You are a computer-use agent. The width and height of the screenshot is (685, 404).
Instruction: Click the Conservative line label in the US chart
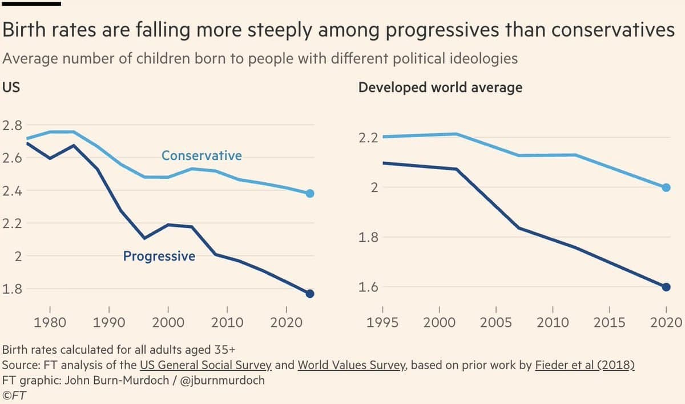click(x=202, y=155)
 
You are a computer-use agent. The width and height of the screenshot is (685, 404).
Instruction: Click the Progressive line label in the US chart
click(x=159, y=257)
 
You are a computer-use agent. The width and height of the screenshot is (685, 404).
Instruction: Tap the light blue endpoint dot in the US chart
click(x=310, y=194)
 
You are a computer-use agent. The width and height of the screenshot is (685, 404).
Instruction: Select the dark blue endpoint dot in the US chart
click(x=310, y=294)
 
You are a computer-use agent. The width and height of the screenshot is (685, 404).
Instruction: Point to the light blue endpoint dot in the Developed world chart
click(x=666, y=187)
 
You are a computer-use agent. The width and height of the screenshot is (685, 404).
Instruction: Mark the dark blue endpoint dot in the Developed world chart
click(x=666, y=287)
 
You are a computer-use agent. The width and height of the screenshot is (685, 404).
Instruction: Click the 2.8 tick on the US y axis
click(x=13, y=125)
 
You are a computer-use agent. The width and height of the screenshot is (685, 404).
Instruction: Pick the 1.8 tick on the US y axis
click(x=13, y=289)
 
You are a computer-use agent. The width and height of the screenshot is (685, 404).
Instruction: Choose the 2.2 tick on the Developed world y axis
click(x=369, y=138)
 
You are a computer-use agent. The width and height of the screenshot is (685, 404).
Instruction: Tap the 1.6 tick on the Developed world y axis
click(x=369, y=287)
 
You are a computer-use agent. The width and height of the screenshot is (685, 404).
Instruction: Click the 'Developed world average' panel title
click(x=440, y=87)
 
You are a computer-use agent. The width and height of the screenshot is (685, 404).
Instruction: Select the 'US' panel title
click(x=11, y=87)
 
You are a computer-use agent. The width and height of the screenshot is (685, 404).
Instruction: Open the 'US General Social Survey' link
click(x=205, y=365)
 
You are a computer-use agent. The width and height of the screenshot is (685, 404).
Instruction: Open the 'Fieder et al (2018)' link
click(x=585, y=365)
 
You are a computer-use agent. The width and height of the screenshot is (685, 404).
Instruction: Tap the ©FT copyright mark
click(x=15, y=394)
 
